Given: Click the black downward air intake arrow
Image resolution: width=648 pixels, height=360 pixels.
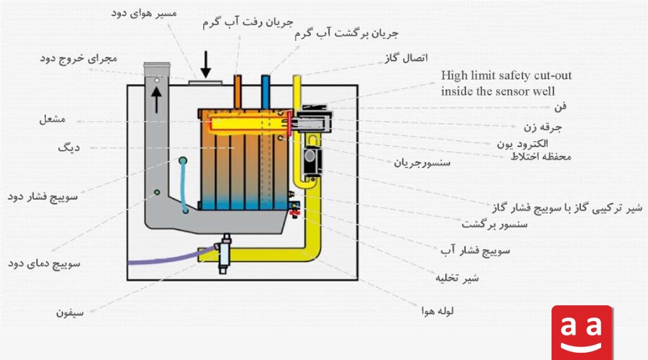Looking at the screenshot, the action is pyautogui.click(x=205, y=65).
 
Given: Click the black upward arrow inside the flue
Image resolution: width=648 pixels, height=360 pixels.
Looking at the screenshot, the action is pyautogui.click(x=156, y=99).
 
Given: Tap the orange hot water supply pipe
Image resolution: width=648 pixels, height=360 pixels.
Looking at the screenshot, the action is pyautogui.click(x=237, y=91).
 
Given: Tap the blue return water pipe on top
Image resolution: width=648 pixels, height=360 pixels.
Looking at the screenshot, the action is pyautogui.click(x=265, y=91).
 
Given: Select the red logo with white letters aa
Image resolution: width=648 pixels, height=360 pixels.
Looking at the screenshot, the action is pyautogui.click(x=582, y=333).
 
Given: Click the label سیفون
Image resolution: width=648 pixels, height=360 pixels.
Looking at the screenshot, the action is pyautogui.click(x=70, y=313).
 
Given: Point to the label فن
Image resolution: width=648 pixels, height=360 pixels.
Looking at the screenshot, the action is pyautogui.click(x=560, y=107).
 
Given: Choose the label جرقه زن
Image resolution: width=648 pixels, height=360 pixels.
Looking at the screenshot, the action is pyautogui.click(x=543, y=127).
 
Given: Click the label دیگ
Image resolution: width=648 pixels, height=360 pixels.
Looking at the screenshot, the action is pyautogui.click(x=68, y=147).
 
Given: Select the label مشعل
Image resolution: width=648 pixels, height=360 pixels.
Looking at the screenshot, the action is pyautogui.click(x=53, y=120).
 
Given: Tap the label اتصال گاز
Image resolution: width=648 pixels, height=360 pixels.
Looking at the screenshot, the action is pyautogui.click(x=406, y=58).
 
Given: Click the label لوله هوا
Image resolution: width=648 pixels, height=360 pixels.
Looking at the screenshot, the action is pyautogui.click(x=438, y=311).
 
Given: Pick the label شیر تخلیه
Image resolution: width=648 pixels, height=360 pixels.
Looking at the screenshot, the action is pyautogui.click(x=457, y=278).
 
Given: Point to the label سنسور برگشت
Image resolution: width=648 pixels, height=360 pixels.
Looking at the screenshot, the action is pyautogui.click(x=494, y=225).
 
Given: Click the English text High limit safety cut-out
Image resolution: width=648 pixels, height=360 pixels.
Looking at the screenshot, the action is pyautogui.click(x=506, y=76).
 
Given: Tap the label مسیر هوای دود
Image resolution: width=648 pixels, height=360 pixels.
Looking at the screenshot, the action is pyautogui.click(x=144, y=13).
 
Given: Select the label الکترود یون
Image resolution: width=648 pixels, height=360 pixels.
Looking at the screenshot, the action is pyautogui.click(x=523, y=144).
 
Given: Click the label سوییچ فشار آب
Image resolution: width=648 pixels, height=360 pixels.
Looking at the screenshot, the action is pyautogui.click(x=475, y=251).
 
